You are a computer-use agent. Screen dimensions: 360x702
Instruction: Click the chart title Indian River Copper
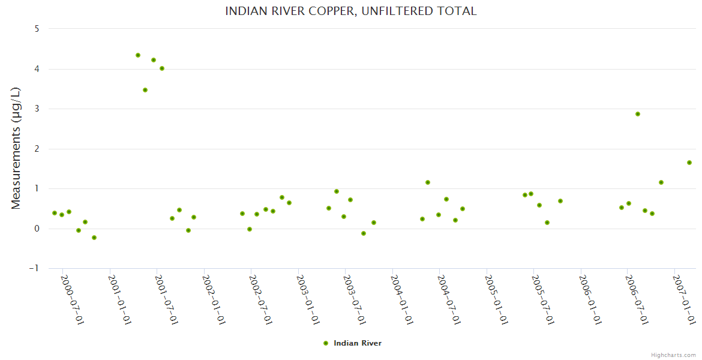[350, 11]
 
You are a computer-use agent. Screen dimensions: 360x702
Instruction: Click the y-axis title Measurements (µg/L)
[16, 148]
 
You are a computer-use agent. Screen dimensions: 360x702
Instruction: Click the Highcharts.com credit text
[673, 355]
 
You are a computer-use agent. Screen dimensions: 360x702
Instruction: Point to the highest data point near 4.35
[138, 55]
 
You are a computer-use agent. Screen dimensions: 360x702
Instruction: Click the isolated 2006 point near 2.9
[638, 114]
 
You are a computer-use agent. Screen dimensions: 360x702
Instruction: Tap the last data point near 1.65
[689, 163]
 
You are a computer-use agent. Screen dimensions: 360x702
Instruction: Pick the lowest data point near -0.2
[94, 238]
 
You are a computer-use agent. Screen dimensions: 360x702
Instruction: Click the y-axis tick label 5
[37, 29]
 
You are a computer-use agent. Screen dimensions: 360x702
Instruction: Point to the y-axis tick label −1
[35, 268]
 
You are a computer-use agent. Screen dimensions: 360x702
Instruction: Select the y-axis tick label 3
[37, 109]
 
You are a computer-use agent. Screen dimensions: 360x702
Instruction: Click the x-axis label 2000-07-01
[71, 299]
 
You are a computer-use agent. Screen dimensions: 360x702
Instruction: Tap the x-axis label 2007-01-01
[684, 299]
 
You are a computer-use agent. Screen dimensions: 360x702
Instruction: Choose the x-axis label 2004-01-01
[401, 299]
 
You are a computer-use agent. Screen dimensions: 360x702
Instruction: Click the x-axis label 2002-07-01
[260, 299]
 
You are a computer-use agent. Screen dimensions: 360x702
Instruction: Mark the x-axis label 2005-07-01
[542, 299]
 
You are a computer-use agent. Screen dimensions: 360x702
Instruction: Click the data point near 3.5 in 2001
[145, 90]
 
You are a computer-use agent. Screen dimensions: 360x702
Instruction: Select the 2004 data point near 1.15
[428, 182]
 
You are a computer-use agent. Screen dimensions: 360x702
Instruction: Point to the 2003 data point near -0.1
[364, 233]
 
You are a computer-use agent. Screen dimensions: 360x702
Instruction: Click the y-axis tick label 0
[37, 229]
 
